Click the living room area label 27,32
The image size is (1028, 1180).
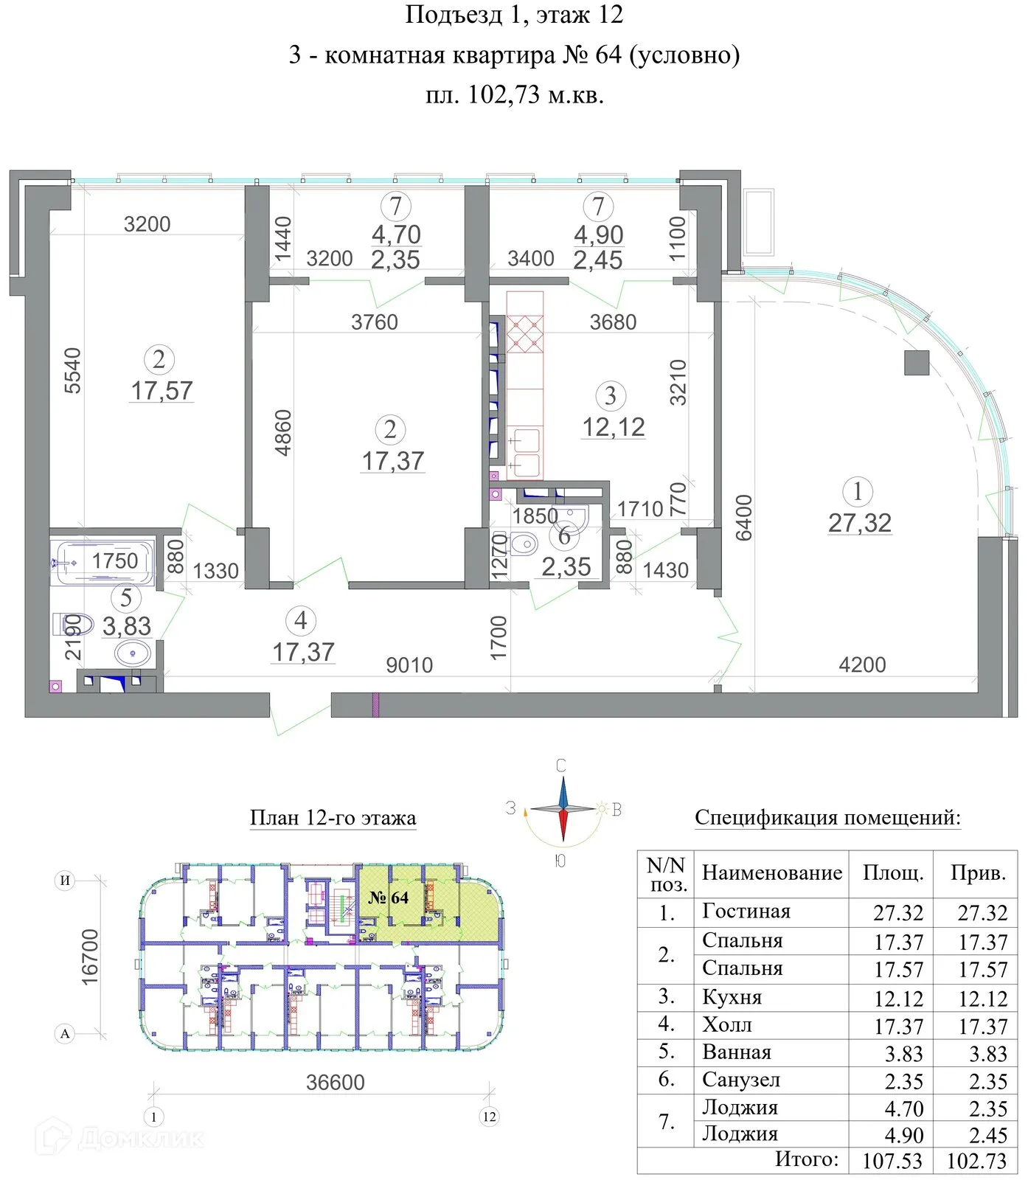tap(860, 523)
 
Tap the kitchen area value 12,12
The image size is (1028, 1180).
tap(614, 427)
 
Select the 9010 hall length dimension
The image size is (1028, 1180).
tap(409, 665)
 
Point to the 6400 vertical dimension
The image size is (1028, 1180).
tap(743, 518)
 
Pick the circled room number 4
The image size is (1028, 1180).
tap(301, 621)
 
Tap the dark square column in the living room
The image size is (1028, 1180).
tap(917, 363)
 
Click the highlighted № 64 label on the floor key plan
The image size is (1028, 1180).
tap(389, 898)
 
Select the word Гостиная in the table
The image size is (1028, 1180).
tap(746, 912)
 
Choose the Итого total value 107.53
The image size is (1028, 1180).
tap(892, 1161)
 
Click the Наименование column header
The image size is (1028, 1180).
tap(771, 873)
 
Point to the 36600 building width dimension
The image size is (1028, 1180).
tap(336, 1082)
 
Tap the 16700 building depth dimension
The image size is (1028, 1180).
tap(89, 957)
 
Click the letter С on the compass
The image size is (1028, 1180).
tap(561, 766)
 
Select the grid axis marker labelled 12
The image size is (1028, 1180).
tap(490, 1117)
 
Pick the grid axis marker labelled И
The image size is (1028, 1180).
tap(65, 881)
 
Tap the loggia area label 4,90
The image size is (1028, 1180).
tap(599, 235)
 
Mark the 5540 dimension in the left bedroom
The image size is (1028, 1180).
tap(72, 370)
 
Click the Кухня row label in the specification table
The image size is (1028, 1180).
tap(732, 997)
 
